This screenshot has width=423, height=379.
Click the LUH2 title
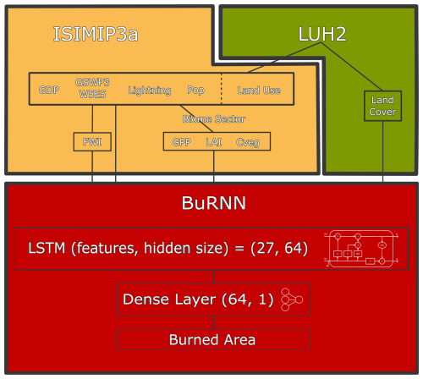point(322,33)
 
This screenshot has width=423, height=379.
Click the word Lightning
point(149,90)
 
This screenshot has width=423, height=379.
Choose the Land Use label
point(259,90)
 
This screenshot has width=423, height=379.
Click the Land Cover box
point(382,106)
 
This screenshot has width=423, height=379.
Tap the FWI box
point(91,141)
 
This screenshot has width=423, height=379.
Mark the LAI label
point(214,141)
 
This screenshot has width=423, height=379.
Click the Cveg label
point(248,141)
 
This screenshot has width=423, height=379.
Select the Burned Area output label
point(212,339)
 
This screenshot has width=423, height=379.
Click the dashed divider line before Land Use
point(222,89)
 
